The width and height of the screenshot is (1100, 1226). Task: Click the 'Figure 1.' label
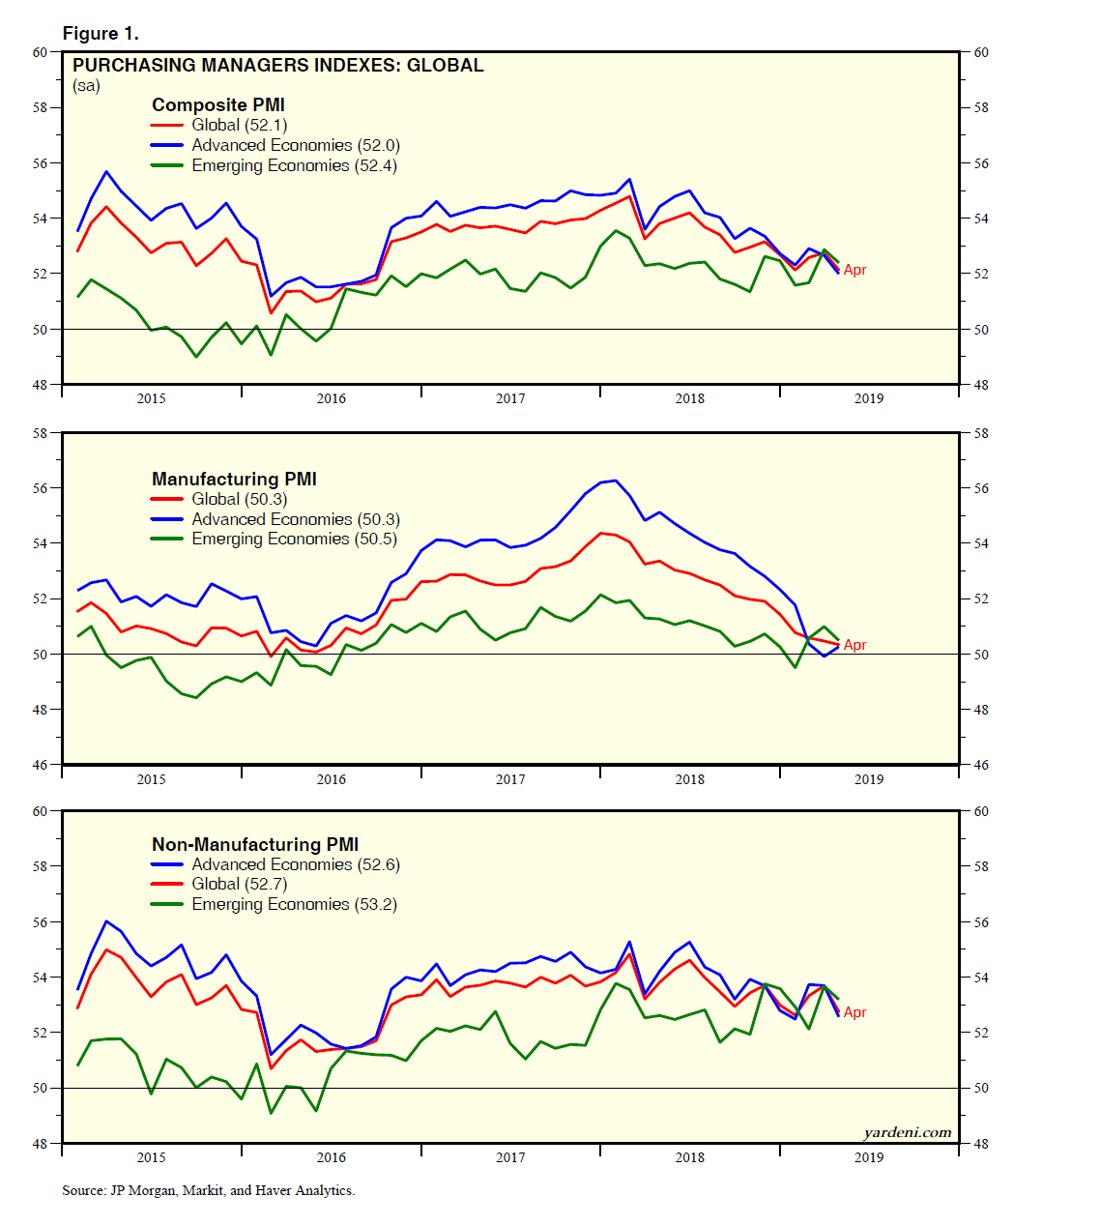pos(101,34)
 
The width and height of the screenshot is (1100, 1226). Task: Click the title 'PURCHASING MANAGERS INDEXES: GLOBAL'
pos(278,66)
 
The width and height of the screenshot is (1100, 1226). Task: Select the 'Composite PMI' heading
pos(218,105)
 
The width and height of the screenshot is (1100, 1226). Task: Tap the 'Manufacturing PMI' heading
pos(234,479)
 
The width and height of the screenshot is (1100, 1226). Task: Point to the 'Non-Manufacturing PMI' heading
pos(255,844)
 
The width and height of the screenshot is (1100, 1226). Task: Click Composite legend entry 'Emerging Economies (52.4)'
pos(294,165)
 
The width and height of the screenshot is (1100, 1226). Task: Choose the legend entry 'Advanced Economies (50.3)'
pos(295,519)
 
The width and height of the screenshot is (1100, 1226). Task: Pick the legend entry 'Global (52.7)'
pos(239,884)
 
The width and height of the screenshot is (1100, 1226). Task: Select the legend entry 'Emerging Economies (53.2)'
pos(294,904)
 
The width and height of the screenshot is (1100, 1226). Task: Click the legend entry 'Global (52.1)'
pos(239,125)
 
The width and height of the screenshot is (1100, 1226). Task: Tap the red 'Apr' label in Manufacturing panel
pos(854,645)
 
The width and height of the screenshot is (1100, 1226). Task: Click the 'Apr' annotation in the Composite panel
pos(854,270)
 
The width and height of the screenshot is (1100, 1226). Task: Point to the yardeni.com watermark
pos(907,1132)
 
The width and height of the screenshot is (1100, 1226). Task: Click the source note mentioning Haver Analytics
pos(208,1190)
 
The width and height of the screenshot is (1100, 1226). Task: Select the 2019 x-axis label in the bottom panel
pos(868,1157)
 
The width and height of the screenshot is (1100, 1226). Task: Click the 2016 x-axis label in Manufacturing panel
pos(331,779)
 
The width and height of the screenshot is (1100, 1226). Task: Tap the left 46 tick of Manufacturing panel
pos(41,765)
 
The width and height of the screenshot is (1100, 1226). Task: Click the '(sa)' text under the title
pos(86,86)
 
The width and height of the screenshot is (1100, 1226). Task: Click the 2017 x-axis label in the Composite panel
pos(510,398)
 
